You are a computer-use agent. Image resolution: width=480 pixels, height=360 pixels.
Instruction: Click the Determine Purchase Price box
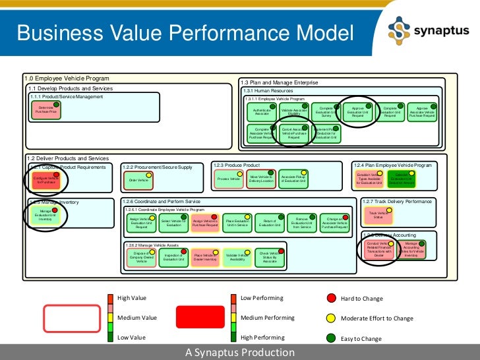pyautogui.click(x=46, y=111)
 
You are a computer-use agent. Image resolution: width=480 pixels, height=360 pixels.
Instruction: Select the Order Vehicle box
pyautogui.click(x=138, y=179)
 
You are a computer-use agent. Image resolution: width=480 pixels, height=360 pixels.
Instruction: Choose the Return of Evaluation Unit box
pyautogui.click(x=270, y=224)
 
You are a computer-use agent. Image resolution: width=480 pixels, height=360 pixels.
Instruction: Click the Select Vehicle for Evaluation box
pyautogui.click(x=173, y=224)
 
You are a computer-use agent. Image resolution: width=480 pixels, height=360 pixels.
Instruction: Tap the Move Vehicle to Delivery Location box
pyautogui.click(x=261, y=178)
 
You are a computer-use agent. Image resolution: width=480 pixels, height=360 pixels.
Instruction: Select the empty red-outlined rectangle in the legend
pyautogui.click(x=71, y=318)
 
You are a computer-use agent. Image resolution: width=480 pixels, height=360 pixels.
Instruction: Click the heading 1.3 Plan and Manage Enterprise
pyautogui.click(x=279, y=82)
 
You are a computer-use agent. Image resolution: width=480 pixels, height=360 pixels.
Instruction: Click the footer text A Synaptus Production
pyautogui.click(x=240, y=353)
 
